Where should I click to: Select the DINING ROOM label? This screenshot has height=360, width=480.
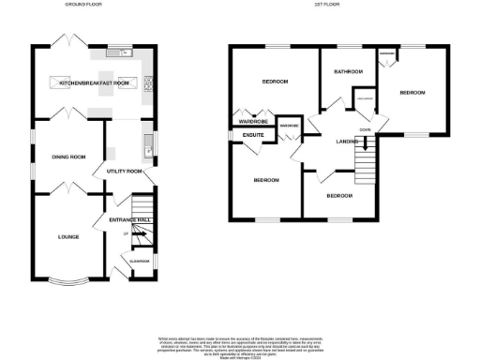[x=68, y=157]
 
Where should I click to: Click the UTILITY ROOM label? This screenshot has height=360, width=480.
[x=125, y=172]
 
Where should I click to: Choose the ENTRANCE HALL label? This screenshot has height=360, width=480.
[x=130, y=219]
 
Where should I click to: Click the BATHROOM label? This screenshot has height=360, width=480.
[x=348, y=70]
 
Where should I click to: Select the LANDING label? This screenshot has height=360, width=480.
[x=350, y=142]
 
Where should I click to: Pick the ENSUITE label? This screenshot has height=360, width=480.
[x=253, y=137]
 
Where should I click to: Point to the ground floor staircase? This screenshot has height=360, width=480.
[x=141, y=206]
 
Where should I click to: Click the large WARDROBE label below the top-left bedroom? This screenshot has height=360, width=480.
[x=253, y=122]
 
